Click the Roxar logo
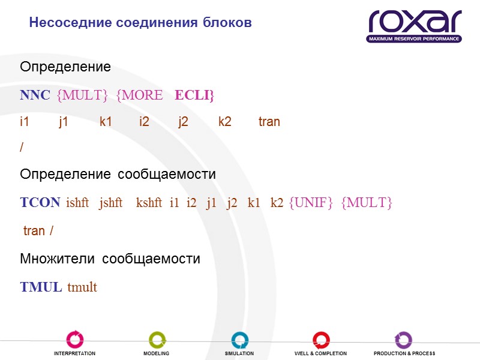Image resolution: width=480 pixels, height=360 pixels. (x=414, y=25)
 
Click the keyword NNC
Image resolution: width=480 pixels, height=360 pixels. (x=35, y=95)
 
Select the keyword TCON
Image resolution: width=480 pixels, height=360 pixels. (x=40, y=203)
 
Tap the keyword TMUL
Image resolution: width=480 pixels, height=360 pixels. (x=41, y=287)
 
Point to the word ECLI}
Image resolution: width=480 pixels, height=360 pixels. (x=194, y=95)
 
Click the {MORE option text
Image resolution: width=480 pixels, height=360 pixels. (x=139, y=95)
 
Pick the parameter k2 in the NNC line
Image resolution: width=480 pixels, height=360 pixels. (x=225, y=122)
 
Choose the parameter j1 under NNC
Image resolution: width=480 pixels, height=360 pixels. (x=64, y=122)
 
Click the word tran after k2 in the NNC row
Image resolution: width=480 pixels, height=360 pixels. (x=269, y=122)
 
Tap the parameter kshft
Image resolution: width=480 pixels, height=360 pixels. (x=149, y=203)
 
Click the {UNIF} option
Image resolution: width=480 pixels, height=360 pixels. (x=311, y=203)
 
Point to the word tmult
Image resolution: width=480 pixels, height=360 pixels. (x=82, y=287)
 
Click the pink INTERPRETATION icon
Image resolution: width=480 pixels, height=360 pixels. (x=75, y=340)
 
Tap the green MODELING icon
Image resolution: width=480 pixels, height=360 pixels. (x=157, y=340)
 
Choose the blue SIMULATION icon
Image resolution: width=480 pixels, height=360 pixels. (x=239, y=340)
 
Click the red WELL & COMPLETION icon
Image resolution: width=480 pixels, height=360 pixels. (x=321, y=340)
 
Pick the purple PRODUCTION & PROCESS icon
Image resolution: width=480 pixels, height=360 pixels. (x=403, y=340)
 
